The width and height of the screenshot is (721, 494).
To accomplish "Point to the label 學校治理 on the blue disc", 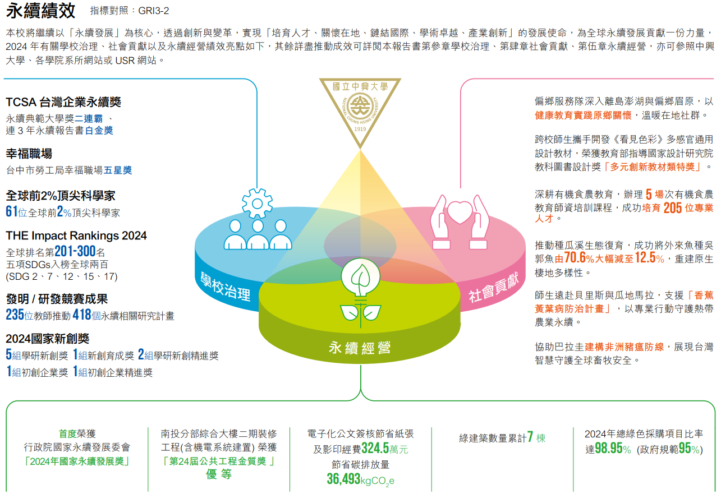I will [x=226, y=285].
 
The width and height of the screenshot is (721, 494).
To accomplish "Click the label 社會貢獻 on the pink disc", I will [x=493, y=287].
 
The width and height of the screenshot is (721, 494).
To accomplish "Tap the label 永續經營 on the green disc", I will [x=360, y=348].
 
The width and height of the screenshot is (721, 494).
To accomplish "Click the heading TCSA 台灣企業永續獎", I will [x=63, y=102].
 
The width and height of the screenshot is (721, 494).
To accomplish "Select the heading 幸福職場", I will [x=29, y=154].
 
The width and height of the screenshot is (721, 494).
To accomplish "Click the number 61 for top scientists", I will [x=12, y=212].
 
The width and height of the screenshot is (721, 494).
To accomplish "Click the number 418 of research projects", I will [x=82, y=315].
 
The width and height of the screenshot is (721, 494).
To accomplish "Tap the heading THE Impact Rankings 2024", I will [x=76, y=236].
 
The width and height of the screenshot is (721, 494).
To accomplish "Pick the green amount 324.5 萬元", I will [x=375, y=449].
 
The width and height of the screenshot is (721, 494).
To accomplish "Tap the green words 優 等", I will [x=219, y=474].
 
